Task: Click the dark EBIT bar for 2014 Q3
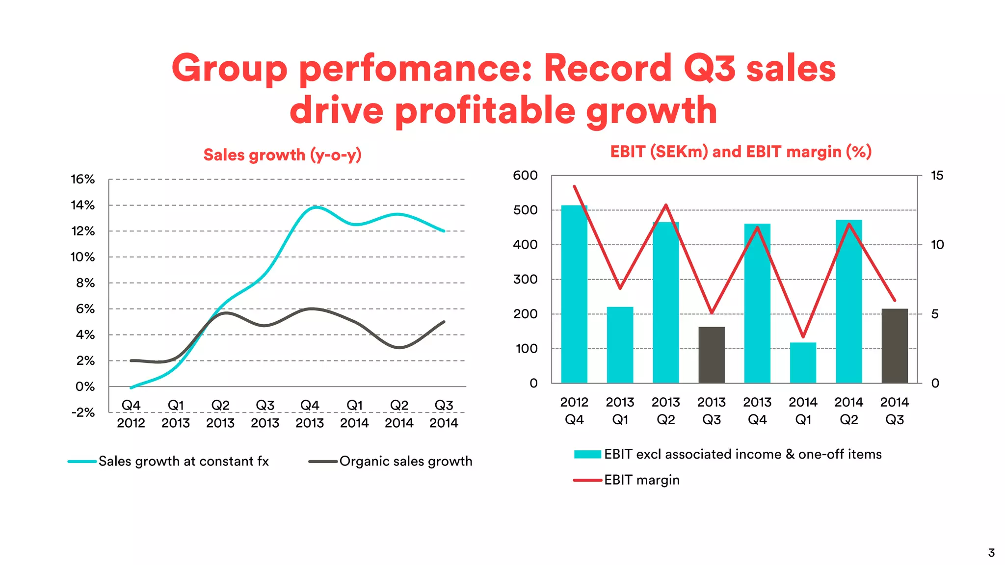895,346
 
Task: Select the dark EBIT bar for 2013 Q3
712,355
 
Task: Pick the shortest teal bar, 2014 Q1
803,363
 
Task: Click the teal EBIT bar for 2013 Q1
620,345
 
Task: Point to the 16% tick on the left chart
82,180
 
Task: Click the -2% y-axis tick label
82,412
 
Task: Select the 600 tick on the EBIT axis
525,176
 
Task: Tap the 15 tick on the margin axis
937,176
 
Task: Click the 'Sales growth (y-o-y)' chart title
282,155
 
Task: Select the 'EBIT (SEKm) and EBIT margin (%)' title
741,152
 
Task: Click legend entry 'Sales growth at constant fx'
183,462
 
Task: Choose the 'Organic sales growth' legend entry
405,462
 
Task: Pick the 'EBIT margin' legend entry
641,480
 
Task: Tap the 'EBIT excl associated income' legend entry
742,455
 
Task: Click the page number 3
991,553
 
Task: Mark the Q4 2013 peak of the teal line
316,207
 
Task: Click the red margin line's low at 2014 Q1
803,337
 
